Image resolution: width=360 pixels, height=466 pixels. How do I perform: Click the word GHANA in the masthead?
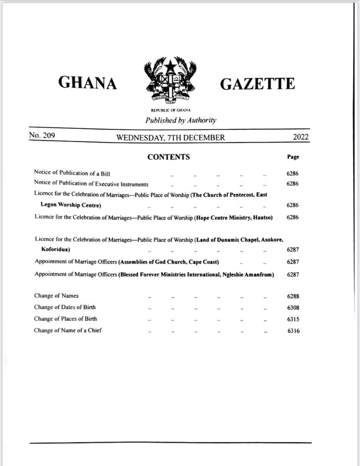pos(88,83)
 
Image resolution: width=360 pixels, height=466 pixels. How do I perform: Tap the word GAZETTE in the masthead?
pos(257,84)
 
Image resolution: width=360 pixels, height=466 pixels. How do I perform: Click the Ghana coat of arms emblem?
pos(170,82)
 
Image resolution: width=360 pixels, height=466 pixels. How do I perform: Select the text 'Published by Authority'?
pos(181,121)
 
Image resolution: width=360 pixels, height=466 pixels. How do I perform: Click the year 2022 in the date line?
pos(299,137)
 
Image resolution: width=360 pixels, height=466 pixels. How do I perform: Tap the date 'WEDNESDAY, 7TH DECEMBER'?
pos(170,137)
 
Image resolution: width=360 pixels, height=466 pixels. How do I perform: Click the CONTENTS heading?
pos(168,157)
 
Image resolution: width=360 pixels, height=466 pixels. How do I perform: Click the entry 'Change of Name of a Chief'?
pos(67,330)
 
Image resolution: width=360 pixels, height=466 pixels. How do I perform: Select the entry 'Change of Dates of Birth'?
pos(65,307)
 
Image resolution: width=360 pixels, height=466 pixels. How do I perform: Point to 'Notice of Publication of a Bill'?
pos(72,173)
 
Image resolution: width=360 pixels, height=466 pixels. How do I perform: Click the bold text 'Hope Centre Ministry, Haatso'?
pos(234,217)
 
